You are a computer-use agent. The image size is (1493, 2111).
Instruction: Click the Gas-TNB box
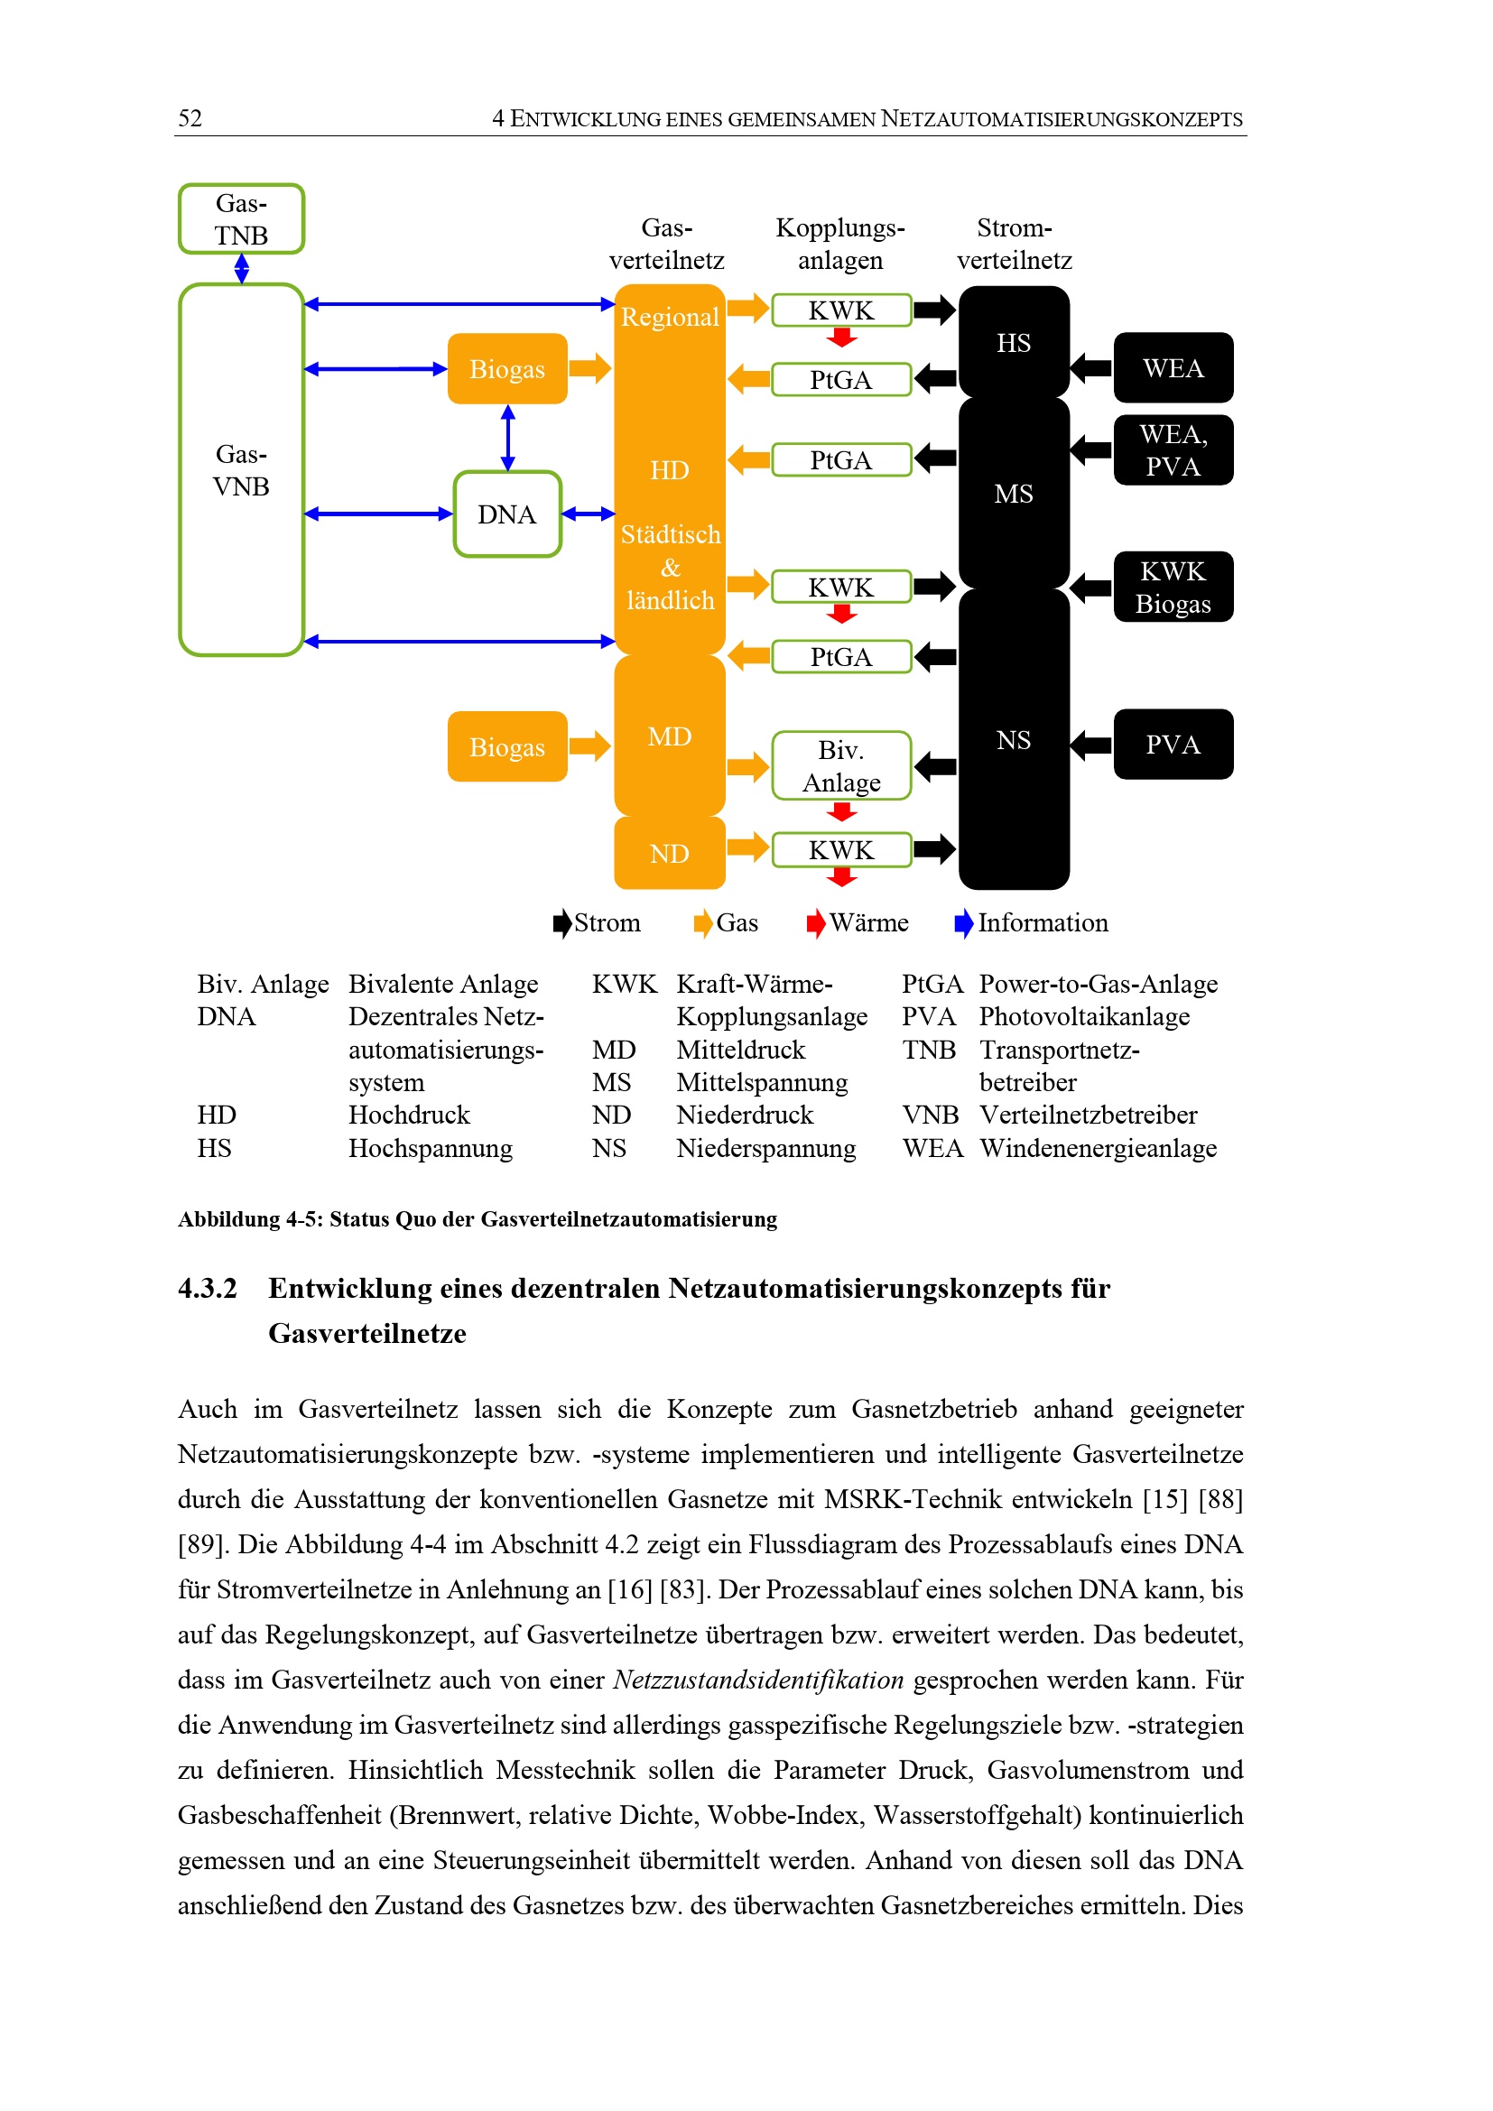click(241, 218)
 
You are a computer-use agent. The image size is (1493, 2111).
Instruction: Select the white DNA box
click(507, 514)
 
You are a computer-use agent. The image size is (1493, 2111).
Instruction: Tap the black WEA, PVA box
click(1173, 450)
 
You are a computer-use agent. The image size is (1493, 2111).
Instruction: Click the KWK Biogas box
click(1173, 588)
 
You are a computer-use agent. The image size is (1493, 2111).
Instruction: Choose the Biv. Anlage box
click(840, 766)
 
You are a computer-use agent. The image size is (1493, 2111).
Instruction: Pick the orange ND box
click(669, 853)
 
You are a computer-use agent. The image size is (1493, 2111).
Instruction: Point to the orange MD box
click(669, 736)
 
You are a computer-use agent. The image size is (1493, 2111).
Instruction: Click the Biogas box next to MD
click(506, 746)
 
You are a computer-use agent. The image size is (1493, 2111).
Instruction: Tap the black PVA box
click(1173, 745)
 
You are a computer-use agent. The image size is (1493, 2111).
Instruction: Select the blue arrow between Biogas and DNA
click(507, 438)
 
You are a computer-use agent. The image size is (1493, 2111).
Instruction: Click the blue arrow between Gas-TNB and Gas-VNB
click(242, 268)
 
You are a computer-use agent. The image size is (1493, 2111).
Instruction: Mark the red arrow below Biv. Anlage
click(841, 812)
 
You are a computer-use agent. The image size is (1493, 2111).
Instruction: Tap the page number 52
click(190, 117)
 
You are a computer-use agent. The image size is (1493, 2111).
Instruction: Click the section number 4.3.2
click(207, 1288)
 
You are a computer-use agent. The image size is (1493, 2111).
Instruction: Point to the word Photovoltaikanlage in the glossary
click(1084, 1016)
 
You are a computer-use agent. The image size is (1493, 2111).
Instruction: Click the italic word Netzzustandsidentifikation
click(758, 1680)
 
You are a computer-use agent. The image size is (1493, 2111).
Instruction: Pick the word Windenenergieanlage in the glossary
click(1098, 1147)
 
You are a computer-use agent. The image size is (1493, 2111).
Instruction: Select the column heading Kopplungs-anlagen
click(840, 244)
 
